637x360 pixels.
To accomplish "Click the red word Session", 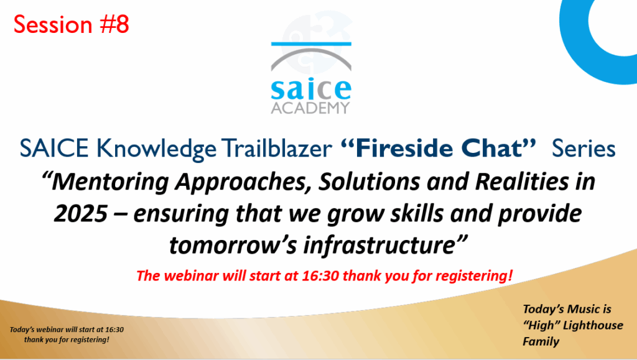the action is [53, 24].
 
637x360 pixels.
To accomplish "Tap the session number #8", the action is [114, 24].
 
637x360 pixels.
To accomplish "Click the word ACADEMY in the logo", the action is [310, 108].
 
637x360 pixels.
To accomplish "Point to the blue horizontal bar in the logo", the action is [311, 44].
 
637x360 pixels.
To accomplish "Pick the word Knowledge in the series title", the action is [156, 149].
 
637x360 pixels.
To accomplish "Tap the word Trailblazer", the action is [276, 148].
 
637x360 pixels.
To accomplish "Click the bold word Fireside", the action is [397, 148].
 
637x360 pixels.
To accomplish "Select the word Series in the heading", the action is [584, 149].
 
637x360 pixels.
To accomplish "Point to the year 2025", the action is [81, 214].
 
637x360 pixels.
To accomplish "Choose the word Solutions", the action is [369, 182].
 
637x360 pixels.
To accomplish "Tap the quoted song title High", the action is [539, 326].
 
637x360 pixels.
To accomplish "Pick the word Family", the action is [541, 342].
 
